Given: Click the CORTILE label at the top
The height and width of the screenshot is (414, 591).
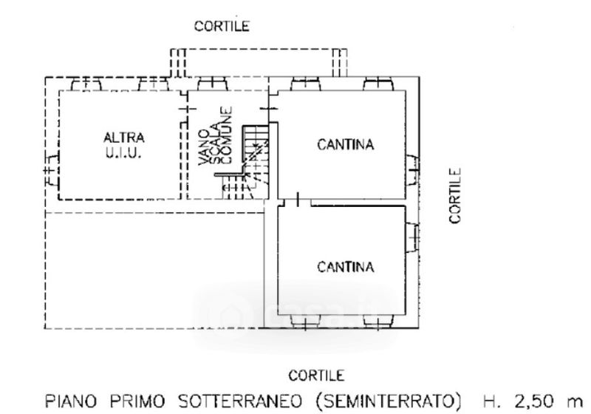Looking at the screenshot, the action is pos(222,26).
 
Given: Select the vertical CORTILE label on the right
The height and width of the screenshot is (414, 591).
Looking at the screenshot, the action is pos(455,196).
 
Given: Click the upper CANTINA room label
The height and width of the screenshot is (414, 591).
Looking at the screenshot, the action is pos(346,144).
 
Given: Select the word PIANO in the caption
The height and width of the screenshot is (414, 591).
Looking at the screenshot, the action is pos(69,401).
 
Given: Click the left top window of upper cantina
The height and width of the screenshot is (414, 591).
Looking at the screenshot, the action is pos(304,83).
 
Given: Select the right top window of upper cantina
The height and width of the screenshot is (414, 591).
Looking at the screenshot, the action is pos(377,83).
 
